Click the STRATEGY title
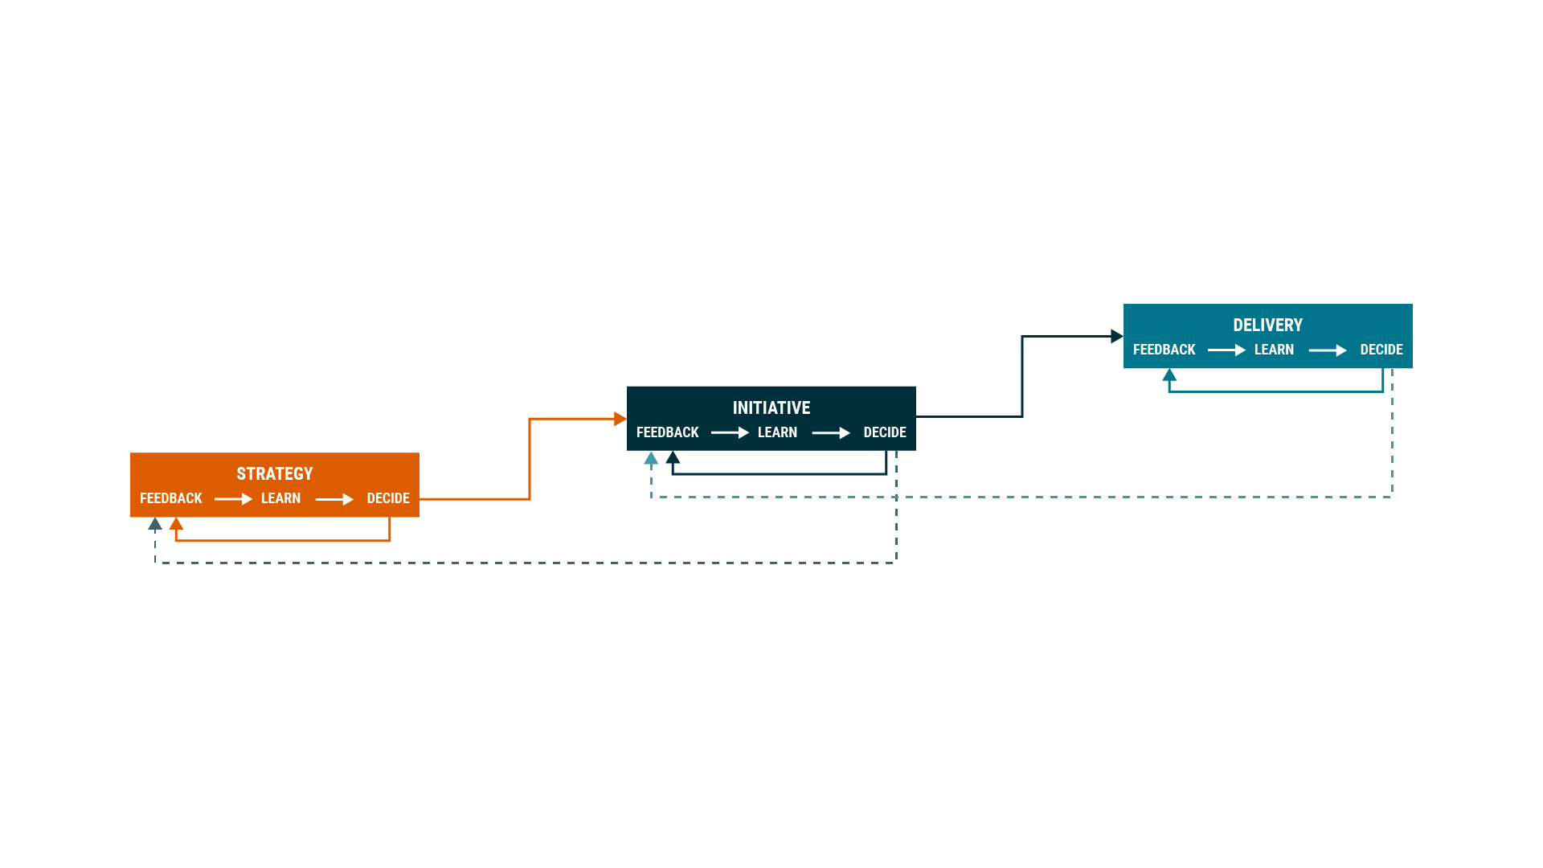(274, 474)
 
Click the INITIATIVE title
(771, 408)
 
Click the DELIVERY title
(1267, 325)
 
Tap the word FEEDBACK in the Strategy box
(171, 498)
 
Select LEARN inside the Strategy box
(280, 498)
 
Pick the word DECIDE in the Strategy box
(388, 498)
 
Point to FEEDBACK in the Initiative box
(668, 432)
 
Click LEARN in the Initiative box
(777, 432)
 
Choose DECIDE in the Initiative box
(885, 432)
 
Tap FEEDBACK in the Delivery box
(1164, 350)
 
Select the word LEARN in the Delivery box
(1274, 350)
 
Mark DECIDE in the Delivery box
(1381, 350)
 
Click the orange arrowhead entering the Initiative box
(620, 419)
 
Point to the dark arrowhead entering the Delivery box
(1116, 336)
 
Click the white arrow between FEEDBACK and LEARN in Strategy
(233, 499)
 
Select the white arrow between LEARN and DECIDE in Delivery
(1328, 350)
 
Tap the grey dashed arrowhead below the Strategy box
(155, 524)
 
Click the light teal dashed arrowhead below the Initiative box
(651, 458)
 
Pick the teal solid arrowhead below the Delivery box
(1169, 375)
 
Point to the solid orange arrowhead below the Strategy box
(176, 524)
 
